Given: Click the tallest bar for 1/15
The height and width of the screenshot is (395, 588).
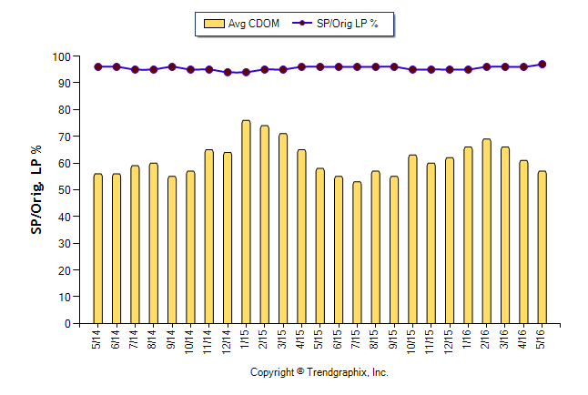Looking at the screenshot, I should click(246, 222).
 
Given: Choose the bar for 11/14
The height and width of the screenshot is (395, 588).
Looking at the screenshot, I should click(208, 237).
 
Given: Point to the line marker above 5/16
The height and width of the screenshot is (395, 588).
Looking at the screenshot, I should click(542, 64).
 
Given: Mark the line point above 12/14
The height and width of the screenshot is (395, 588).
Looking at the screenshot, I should click(228, 72).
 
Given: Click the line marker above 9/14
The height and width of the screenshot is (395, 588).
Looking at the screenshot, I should click(172, 66).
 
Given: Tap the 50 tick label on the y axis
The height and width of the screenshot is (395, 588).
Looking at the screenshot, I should click(65, 190).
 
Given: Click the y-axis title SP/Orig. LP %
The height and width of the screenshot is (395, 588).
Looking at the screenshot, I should click(37, 188).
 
